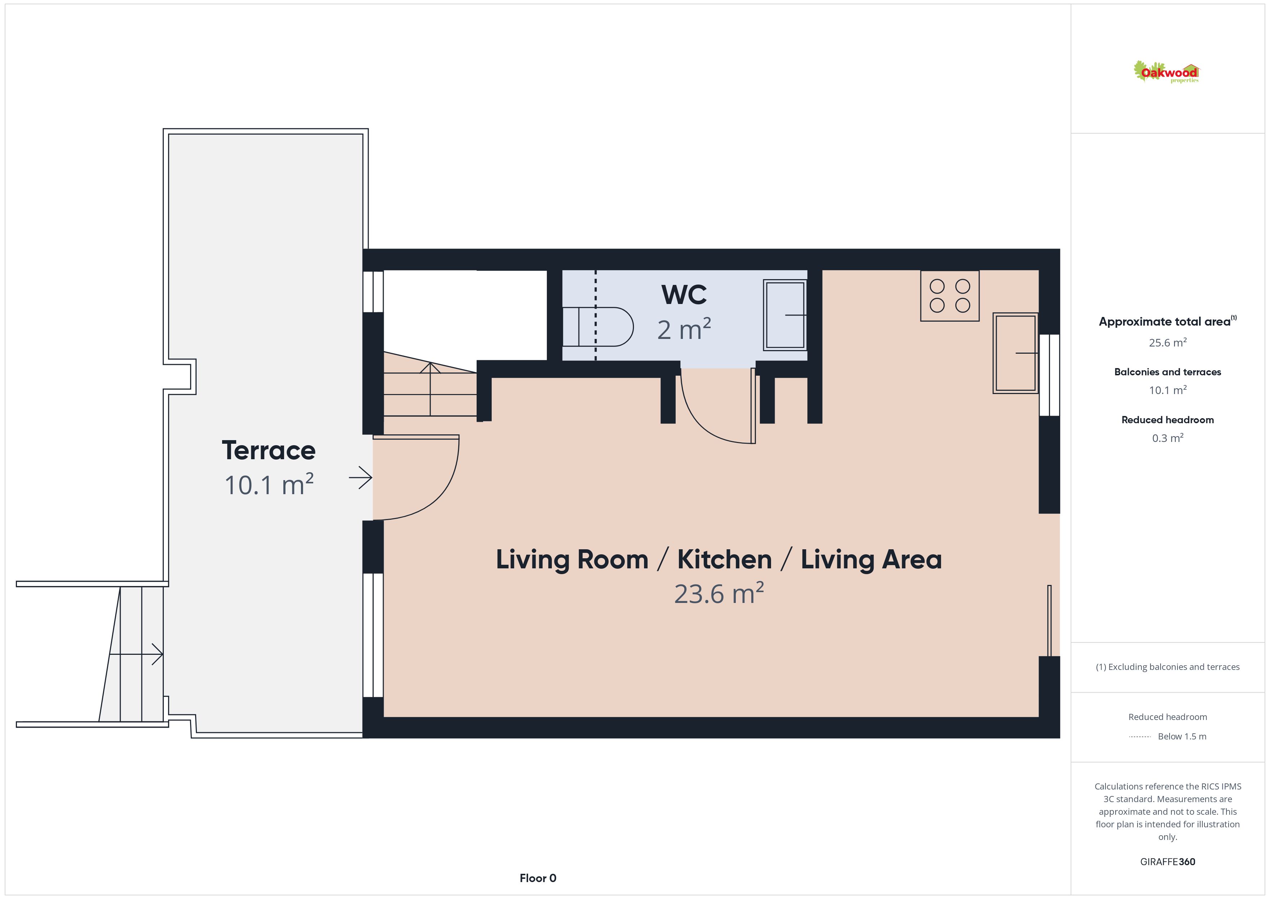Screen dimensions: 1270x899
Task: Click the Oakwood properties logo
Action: coord(1166,72)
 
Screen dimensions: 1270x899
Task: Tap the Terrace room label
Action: coord(269,451)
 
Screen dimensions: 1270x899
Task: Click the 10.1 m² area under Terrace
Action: coord(269,485)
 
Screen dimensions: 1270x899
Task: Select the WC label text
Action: coord(684,295)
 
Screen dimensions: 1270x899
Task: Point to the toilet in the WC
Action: coord(598,327)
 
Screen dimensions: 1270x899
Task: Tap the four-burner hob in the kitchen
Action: coord(950,296)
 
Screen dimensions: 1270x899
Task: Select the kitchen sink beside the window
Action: coord(1015,353)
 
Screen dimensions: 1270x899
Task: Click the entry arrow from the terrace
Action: coord(361,478)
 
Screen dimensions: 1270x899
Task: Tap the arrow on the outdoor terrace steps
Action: coord(136,654)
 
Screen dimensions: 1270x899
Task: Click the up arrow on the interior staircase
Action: coord(430,389)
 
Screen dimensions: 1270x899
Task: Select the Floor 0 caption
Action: coord(538,878)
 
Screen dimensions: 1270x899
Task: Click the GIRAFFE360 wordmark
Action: coord(1168,862)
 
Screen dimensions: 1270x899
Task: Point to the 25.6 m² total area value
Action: coord(1168,342)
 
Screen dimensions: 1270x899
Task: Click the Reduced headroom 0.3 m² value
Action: coord(1168,438)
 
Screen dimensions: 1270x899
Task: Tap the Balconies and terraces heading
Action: coord(1168,372)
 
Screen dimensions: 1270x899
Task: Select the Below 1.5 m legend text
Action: coord(1182,736)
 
